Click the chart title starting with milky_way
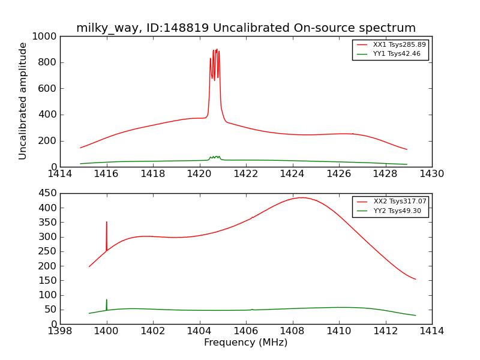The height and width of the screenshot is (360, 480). (x=246, y=28)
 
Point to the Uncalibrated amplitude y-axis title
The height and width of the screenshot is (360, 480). (x=23, y=101)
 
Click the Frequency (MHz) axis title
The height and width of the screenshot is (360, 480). (x=246, y=343)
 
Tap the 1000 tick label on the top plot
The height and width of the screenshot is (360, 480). (x=46, y=37)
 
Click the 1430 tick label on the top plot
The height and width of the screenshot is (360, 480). (x=431, y=174)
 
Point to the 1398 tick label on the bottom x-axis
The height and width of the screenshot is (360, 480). (x=60, y=331)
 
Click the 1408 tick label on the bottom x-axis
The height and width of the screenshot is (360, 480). (x=292, y=331)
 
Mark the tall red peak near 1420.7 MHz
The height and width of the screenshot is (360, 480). (x=215, y=50)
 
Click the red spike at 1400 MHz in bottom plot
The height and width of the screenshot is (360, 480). (x=107, y=223)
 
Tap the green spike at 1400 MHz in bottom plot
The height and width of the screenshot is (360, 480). (x=107, y=300)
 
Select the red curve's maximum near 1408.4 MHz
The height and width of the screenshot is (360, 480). (x=301, y=197)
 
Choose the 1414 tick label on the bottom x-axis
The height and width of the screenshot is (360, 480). (x=431, y=331)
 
